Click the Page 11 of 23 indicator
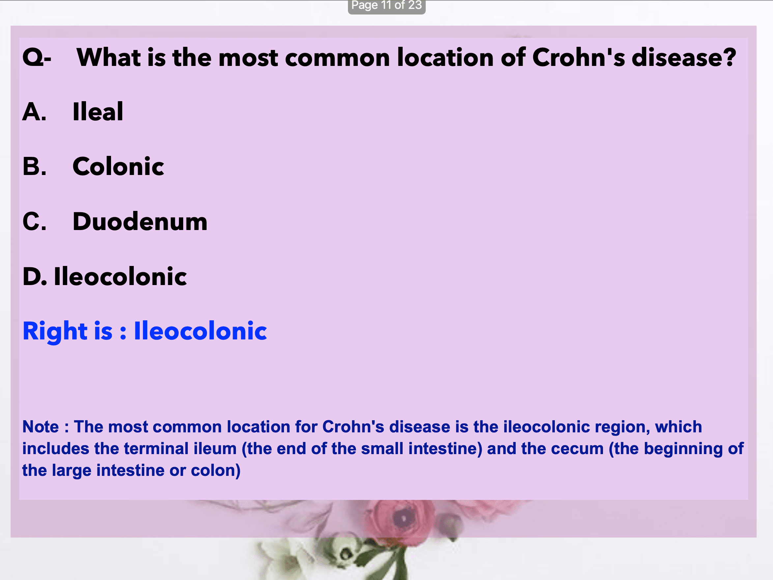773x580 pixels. click(387, 5)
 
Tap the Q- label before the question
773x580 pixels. click(37, 57)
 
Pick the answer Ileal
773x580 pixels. click(98, 111)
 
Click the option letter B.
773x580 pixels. click(34, 166)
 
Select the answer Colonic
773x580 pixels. click(118, 166)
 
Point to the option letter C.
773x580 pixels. click(34, 221)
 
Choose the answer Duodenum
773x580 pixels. click(140, 221)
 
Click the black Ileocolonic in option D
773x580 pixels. click(121, 276)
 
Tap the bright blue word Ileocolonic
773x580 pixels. click(201, 331)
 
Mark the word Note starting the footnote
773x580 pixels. click(41, 427)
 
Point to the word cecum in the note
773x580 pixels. click(580, 449)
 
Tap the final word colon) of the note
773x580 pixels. click(215, 471)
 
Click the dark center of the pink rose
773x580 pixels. click(403, 517)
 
